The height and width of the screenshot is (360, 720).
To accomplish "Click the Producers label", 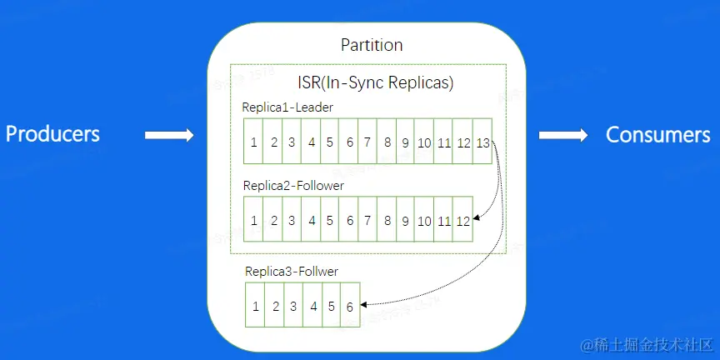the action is [52, 134].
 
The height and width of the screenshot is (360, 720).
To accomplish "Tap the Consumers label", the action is [658, 134].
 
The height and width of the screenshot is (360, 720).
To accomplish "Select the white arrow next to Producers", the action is [169, 135].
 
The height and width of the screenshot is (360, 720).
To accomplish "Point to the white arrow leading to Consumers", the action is [563, 135].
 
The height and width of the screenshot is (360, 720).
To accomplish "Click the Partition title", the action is [372, 45].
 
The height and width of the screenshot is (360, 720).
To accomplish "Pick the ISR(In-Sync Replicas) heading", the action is [376, 82].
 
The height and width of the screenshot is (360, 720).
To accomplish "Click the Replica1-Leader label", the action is [287, 107].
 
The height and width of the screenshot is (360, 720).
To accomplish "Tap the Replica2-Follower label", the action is [293, 186].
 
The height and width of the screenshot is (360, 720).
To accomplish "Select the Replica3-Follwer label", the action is [292, 272].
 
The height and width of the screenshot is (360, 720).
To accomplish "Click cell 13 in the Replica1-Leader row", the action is [482, 141].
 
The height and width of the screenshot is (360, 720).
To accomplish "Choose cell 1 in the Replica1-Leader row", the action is [253, 141].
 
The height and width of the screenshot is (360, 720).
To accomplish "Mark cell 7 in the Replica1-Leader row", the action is [367, 141].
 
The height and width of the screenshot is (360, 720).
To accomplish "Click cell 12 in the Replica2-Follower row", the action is [462, 219].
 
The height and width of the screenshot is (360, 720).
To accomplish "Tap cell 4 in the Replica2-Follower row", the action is [311, 219].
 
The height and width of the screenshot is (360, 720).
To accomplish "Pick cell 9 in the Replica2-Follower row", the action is [406, 219].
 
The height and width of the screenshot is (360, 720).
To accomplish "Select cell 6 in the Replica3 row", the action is [350, 305].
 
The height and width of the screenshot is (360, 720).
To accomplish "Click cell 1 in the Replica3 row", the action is [255, 305].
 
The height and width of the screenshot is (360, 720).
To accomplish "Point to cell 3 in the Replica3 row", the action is [293, 305].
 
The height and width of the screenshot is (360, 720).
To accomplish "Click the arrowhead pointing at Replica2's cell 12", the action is [477, 217].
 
